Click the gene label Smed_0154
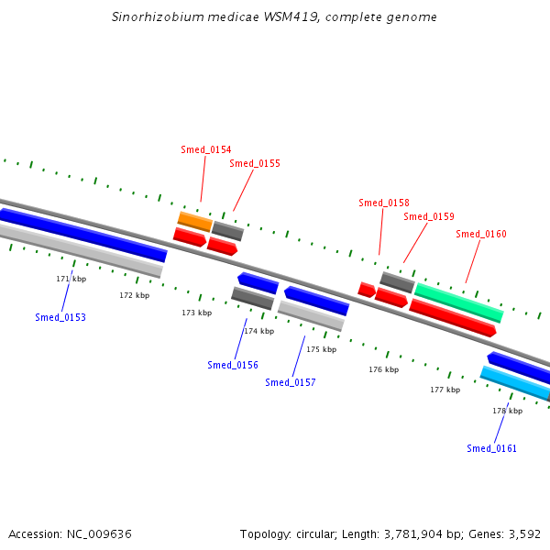[x=206, y=149]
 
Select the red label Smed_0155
[x=255, y=163]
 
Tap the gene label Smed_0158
[x=384, y=203]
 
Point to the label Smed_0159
[x=429, y=216]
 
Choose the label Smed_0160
[x=481, y=234]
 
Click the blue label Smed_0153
[x=60, y=317]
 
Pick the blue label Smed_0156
[x=233, y=365]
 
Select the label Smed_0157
[x=291, y=382]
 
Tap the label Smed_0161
[x=491, y=448]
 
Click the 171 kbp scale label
[x=71, y=279]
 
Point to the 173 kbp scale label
[x=196, y=313]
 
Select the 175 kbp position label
[x=322, y=349]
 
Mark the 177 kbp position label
[x=445, y=390]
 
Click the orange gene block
[x=194, y=221]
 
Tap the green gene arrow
[x=458, y=302]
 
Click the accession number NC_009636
[x=99, y=533]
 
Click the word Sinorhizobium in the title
[x=152, y=17]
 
